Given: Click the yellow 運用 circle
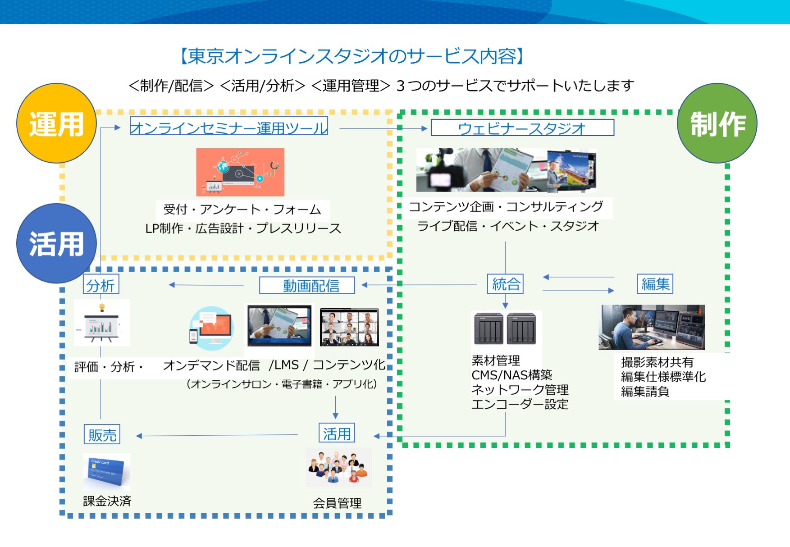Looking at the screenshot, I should [56, 123].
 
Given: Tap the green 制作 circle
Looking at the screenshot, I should [717, 123].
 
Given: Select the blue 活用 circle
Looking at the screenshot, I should [56, 243].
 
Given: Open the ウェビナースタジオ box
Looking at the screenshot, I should [522, 128].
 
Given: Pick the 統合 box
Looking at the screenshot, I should [505, 284].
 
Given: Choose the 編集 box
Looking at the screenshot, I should [655, 284].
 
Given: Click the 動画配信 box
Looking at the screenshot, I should [307, 285].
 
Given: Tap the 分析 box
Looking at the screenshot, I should [101, 285].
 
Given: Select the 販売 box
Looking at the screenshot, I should [102, 434].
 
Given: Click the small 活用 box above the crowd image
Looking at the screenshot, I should [337, 433].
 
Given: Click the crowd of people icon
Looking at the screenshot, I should [338, 467].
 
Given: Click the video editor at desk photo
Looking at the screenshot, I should [651, 327].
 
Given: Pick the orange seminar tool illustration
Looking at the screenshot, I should [240, 172].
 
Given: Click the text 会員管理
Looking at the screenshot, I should [337, 503].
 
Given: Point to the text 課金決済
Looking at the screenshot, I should [107, 501].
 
